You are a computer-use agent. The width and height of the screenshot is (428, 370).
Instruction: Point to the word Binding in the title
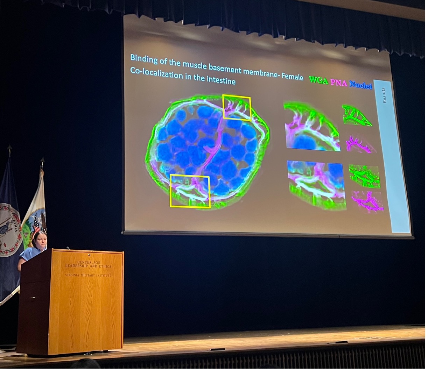(x=144, y=59)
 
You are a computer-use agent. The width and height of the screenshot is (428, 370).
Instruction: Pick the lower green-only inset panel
(x=364, y=177)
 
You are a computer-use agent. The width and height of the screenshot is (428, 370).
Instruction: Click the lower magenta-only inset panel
(x=367, y=201)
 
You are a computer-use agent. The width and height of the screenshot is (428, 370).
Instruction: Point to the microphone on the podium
(x=68, y=248)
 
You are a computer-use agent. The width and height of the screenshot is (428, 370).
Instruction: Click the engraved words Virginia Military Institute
(x=88, y=275)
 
